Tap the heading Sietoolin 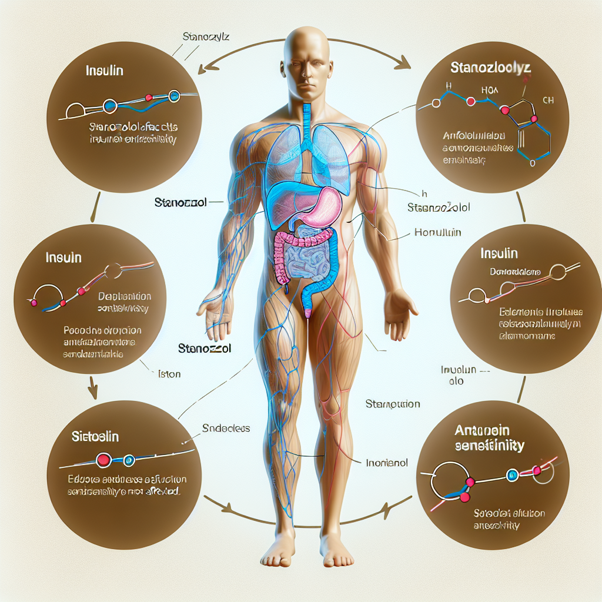click(95, 437)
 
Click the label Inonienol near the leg click(387, 463)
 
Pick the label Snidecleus click(225, 429)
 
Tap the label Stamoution click(393, 404)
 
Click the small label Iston click(169, 374)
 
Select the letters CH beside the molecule click(548, 101)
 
